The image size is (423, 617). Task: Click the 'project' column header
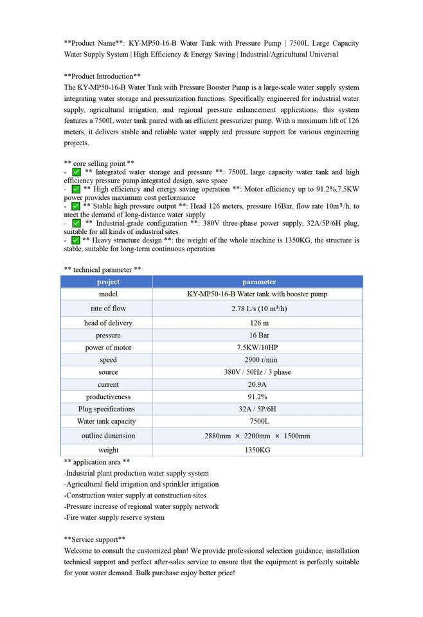click(x=108, y=282)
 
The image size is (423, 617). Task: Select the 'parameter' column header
click(x=259, y=282)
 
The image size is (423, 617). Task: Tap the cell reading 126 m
click(x=259, y=323)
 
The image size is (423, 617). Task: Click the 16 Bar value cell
click(x=259, y=335)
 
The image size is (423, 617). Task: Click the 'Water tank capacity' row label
click(x=107, y=422)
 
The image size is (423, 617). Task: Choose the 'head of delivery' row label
click(x=108, y=323)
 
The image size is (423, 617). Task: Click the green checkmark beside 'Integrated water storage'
click(x=76, y=172)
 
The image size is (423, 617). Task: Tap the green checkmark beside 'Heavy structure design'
click(x=76, y=240)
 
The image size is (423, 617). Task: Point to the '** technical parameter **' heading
click(x=103, y=269)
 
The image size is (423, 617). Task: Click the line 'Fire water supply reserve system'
click(x=114, y=517)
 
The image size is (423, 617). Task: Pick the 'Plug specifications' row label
click(x=107, y=409)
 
